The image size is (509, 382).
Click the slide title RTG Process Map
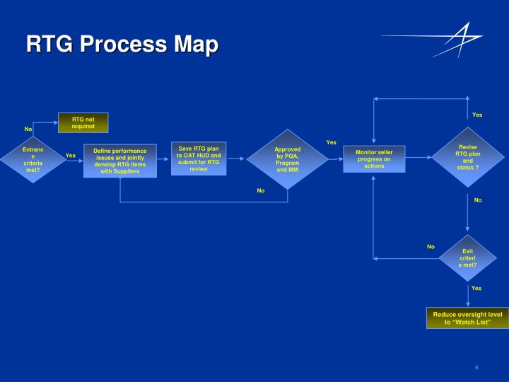122,45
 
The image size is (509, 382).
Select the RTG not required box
83,122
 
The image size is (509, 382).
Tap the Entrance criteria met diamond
33,160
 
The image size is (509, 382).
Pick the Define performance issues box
120,161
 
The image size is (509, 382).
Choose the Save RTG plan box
199,158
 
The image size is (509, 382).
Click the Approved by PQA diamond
288,160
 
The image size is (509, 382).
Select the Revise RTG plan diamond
467,157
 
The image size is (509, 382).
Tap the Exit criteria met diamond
467,258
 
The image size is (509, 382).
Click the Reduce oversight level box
467,318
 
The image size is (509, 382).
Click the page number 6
477,367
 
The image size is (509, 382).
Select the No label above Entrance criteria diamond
28,129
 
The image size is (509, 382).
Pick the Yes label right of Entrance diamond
70,156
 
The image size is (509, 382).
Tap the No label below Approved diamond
260,190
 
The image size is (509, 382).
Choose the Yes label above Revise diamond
477,115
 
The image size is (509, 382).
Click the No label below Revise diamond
477,200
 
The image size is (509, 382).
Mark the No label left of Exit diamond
431,247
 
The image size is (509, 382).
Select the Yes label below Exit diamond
476,289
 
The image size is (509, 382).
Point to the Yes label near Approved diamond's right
332,142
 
